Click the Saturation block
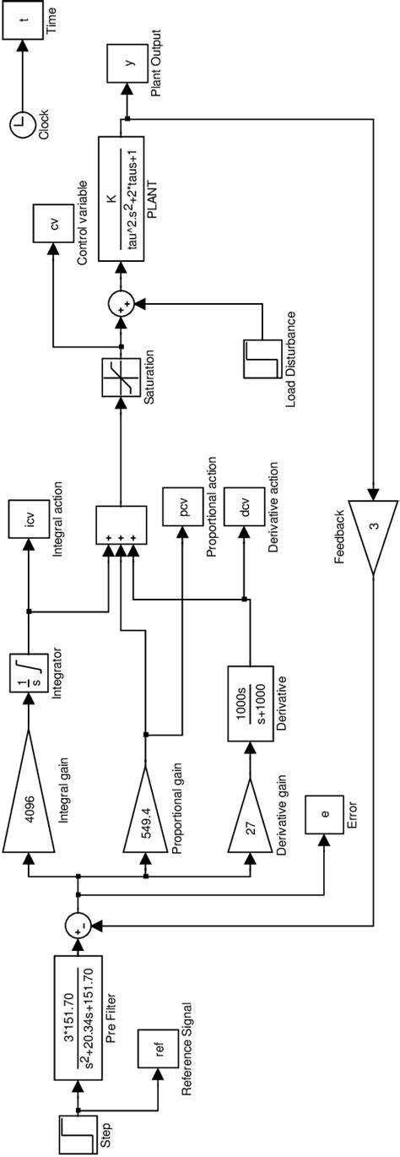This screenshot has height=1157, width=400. pyautogui.click(x=120, y=377)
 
